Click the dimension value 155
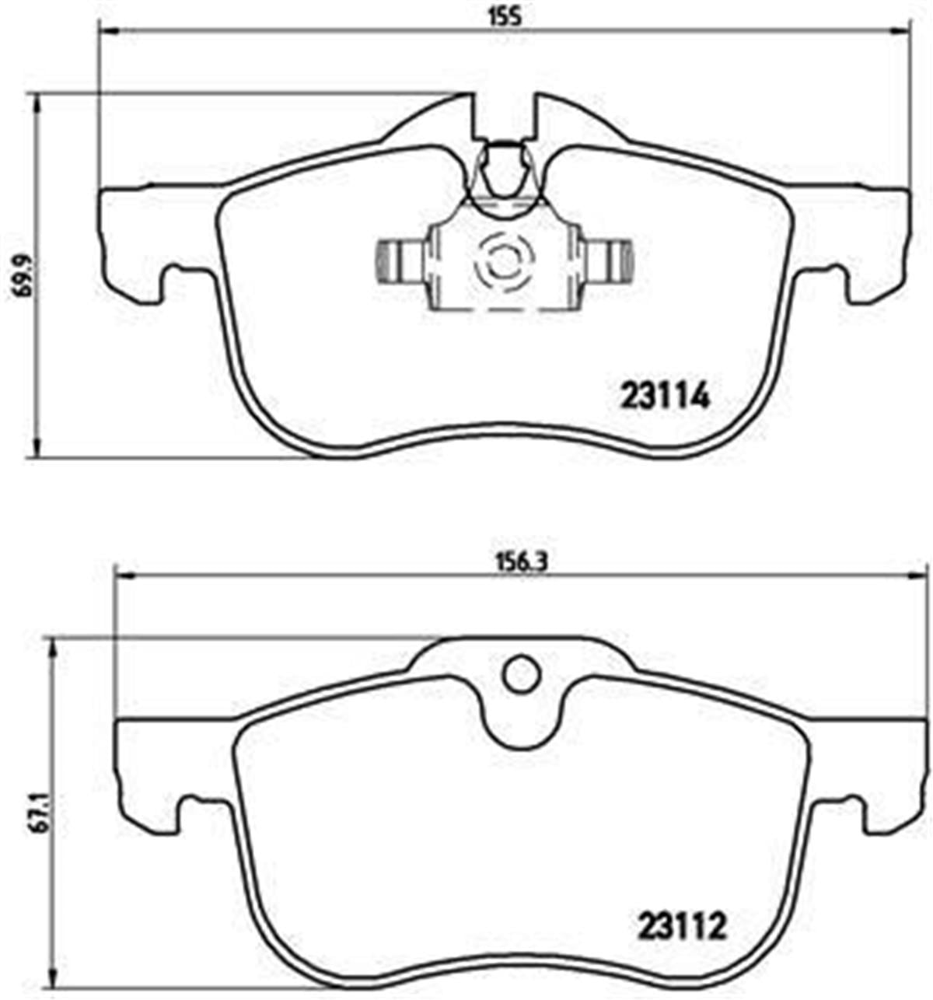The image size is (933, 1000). tap(505, 16)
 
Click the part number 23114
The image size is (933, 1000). tap(665, 397)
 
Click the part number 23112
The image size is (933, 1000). tap(682, 926)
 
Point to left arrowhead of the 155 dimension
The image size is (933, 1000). tap(106, 31)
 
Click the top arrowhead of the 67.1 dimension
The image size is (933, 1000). tap(53, 645)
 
